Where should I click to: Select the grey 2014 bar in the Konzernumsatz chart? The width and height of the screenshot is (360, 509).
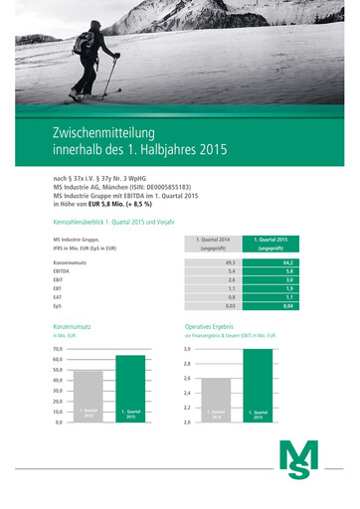coord(90,397)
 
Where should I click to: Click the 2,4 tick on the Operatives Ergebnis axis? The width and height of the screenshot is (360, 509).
coord(187,394)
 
